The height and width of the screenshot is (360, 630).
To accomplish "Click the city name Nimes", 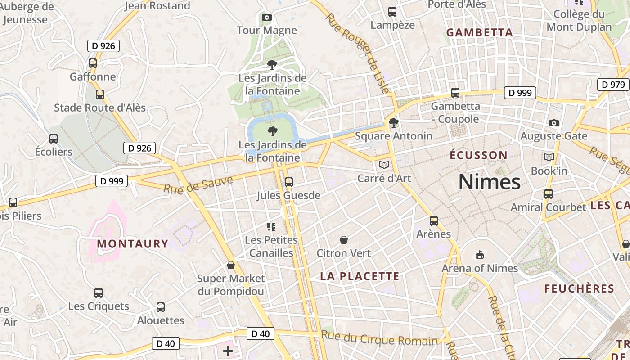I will pyautogui.click(x=489, y=182).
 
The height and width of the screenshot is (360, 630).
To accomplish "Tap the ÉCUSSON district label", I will pyautogui.click(x=479, y=156).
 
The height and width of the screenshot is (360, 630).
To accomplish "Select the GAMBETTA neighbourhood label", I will pyautogui.click(x=479, y=33).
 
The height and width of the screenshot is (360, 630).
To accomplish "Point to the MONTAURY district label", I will pyautogui.click(x=132, y=244).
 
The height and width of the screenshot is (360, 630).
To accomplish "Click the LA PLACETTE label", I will pyautogui.click(x=360, y=276).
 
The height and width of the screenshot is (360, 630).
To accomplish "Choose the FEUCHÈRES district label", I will pyautogui.click(x=579, y=289).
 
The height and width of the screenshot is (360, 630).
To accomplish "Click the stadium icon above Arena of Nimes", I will pyautogui.click(x=480, y=255).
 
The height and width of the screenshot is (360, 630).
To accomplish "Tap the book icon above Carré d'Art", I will pyautogui.click(x=384, y=165).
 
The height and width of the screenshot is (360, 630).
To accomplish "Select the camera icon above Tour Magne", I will pyautogui.click(x=267, y=18).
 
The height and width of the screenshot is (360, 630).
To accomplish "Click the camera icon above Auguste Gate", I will pyautogui.click(x=554, y=123).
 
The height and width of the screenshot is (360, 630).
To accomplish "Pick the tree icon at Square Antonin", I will pyautogui.click(x=393, y=122).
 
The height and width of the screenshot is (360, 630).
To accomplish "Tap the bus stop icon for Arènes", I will pyautogui.click(x=434, y=221).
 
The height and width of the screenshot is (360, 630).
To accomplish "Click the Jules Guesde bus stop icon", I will pyautogui.click(x=289, y=182).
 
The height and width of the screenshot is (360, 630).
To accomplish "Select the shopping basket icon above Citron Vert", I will pyautogui.click(x=344, y=240).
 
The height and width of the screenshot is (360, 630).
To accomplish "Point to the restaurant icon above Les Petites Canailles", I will pyautogui.click(x=271, y=226).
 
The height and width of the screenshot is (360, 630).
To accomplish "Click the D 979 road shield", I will pyautogui.click(x=613, y=85).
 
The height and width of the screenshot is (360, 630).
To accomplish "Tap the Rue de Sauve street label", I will pyautogui.click(x=198, y=185).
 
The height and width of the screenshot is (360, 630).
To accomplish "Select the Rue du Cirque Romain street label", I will pyautogui.click(x=379, y=338).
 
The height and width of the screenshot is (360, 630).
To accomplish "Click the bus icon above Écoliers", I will pyautogui.click(x=54, y=139).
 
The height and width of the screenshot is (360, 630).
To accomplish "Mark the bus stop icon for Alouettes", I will pyautogui.click(x=161, y=307).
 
